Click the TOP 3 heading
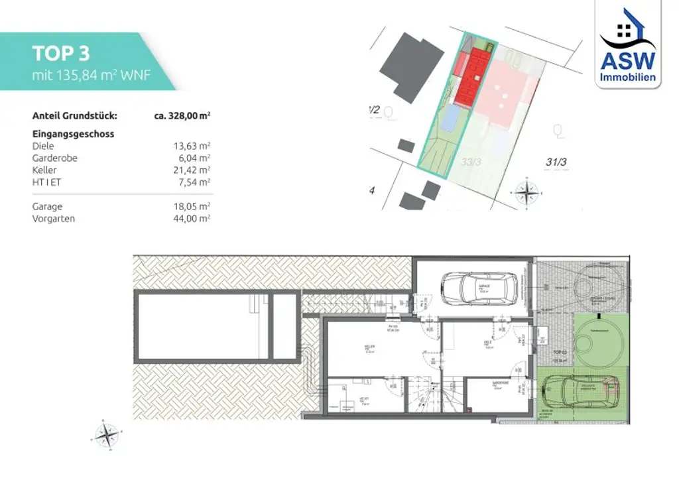click(61, 54)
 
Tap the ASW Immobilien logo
click(627, 45)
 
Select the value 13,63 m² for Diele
click(192, 147)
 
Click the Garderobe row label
click(55, 158)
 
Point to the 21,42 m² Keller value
click(192, 170)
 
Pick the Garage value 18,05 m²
click(192, 206)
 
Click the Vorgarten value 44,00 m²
click(192, 219)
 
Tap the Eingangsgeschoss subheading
click(73, 133)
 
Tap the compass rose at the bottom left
click(106, 435)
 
